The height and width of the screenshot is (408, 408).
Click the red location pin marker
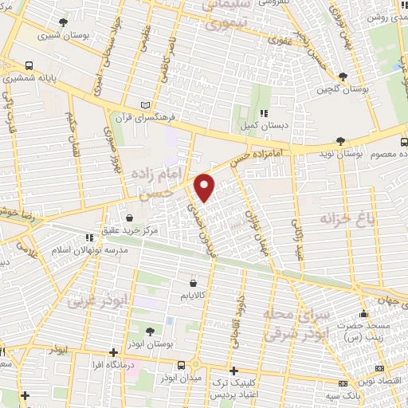206,186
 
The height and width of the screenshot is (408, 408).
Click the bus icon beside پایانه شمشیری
29,66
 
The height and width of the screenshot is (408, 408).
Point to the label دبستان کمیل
264,126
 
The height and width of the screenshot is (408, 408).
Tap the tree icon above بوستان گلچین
343,76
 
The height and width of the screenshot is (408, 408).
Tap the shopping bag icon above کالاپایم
194,282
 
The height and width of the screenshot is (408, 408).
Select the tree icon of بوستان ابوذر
149,331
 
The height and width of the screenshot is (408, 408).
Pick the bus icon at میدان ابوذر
182,365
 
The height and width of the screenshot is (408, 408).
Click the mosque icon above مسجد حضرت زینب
363,313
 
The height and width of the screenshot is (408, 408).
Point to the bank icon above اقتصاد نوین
379,368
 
